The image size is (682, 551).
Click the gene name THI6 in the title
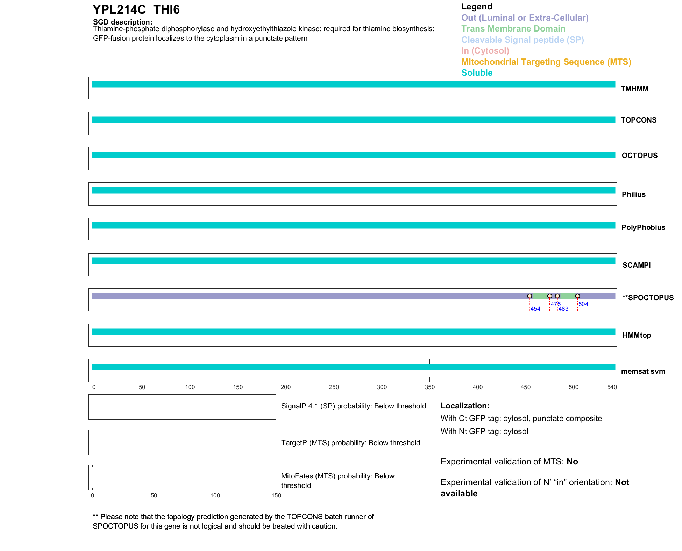point(166,10)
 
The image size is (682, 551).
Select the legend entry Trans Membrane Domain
point(513,29)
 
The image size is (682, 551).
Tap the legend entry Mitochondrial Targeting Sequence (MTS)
point(546,62)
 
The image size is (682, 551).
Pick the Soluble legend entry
point(477,73)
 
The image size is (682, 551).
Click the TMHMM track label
point(634,89)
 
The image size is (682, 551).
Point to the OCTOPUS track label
point(639,156)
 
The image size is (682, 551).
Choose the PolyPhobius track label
point(643,227)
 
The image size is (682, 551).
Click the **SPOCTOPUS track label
point(648,298)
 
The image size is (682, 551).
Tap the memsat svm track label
point(643,371)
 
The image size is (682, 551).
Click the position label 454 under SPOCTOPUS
point(535,309)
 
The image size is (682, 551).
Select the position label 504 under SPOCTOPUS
point(583,304)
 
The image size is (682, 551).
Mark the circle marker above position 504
point(577,296)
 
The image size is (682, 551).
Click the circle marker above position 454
point(530,296)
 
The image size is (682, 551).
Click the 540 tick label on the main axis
point(612,387)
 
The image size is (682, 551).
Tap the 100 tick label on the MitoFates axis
point(215,495)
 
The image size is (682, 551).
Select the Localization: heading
point(464,406)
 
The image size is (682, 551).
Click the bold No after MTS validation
point(572,462)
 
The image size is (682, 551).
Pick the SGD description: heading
point(122,22)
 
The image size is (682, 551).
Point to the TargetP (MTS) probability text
point(350,443)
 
